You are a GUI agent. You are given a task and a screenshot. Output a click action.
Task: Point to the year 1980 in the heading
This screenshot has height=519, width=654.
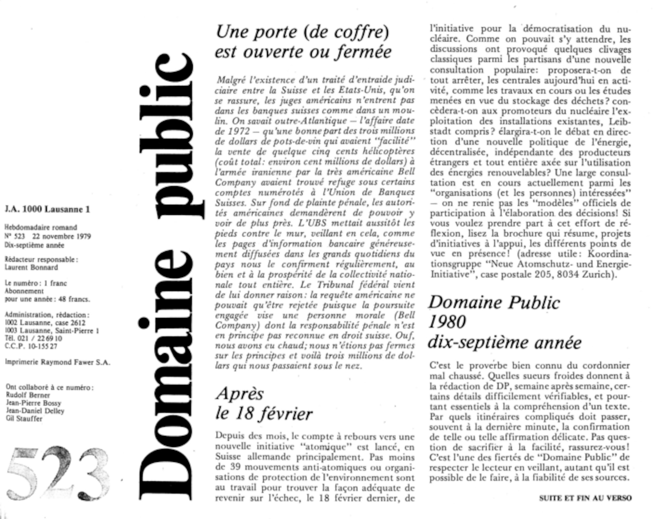coord(447,322)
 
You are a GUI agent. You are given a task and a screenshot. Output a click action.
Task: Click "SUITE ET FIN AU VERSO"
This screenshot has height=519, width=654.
coord(585,498)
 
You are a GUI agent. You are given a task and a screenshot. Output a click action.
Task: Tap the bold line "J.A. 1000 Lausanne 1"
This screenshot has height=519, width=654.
coord(47,209)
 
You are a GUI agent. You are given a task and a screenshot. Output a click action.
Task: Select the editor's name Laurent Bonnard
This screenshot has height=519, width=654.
coord(31,267)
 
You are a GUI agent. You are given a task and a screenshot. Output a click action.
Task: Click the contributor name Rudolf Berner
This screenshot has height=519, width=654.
coord(28,395)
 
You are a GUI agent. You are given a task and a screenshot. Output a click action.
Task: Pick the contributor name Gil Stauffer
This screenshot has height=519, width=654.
coord(24,419)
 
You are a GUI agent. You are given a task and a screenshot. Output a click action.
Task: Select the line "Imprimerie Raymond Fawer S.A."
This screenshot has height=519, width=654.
coord(57,362)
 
